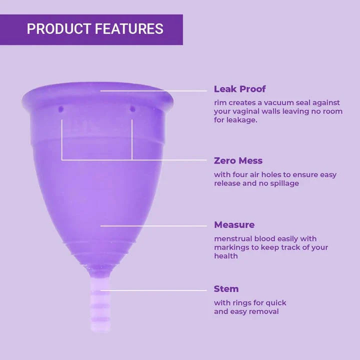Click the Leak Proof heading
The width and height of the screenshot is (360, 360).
click(239, 89)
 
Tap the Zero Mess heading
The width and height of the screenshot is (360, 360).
click(238, 161)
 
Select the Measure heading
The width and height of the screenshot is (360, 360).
click(234, 225)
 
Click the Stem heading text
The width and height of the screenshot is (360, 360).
click(226, 289)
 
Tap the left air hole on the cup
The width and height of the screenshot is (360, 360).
click(61, 108)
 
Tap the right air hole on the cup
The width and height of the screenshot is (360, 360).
click(132, 108)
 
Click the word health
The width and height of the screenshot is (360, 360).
click(226, 256)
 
